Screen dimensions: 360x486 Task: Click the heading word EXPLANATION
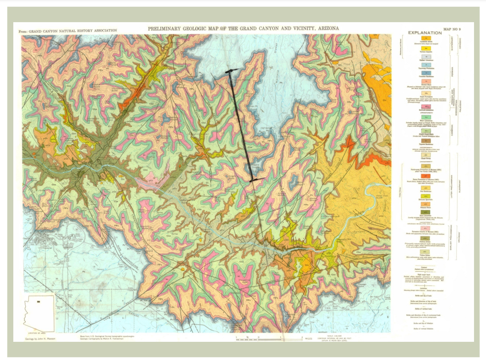425,33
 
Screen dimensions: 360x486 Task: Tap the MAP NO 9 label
452,29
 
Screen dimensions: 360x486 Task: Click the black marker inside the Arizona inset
39,302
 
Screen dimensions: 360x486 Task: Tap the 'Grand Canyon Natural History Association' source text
68,31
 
